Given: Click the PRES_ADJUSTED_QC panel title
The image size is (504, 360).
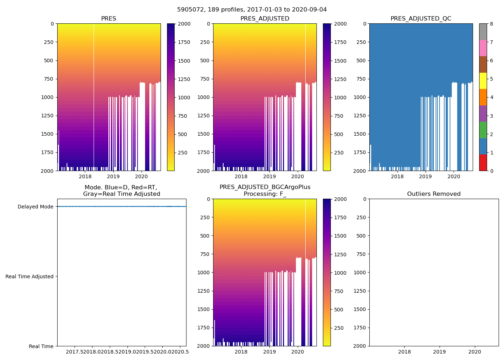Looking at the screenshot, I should coord(421,19).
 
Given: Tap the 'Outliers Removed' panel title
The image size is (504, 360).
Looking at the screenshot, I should coord(434,194).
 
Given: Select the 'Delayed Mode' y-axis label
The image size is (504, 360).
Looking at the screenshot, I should coord(35,207).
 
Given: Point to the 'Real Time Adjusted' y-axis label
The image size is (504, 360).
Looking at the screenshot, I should coord(30,276).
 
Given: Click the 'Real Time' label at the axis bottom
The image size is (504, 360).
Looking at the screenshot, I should coord(41,346).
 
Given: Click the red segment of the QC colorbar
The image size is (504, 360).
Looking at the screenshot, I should coord(483,162).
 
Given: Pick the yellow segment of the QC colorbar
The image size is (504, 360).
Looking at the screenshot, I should coord(483,81).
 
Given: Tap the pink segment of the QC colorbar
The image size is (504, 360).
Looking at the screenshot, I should coord(483,48).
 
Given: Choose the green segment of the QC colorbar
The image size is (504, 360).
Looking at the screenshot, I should coord(483,130).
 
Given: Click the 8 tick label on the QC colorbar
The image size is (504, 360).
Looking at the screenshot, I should coord(491,24).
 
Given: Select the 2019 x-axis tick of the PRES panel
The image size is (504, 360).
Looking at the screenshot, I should coord(113,176).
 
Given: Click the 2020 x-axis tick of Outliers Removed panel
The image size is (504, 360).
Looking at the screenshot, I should coord(474,352).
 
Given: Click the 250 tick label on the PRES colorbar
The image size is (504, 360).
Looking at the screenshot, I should coord(183,153).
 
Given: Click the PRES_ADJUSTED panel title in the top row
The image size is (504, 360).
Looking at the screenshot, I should coord(265,19).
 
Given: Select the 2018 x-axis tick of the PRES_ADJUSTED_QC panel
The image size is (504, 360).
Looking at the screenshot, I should coord(397,176).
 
